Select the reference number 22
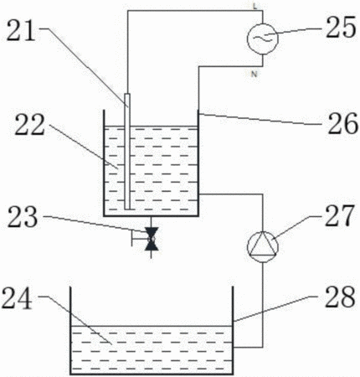click(29, 125)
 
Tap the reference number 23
click(23, 217)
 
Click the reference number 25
click(341, 27)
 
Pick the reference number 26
click(342, 122)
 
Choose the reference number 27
click(339, 215)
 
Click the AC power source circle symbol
click(262, 39)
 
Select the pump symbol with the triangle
click(263, 247)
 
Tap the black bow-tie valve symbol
click(152, 239)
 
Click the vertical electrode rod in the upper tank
click(127, 152)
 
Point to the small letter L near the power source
click(255, 7)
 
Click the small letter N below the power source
click(254, 75)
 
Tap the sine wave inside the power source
click(263, 39)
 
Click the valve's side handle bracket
click(137, 239)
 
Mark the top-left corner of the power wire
click(128, 11)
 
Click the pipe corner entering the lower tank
click(263, 348)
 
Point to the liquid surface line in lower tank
click(152, 326)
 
